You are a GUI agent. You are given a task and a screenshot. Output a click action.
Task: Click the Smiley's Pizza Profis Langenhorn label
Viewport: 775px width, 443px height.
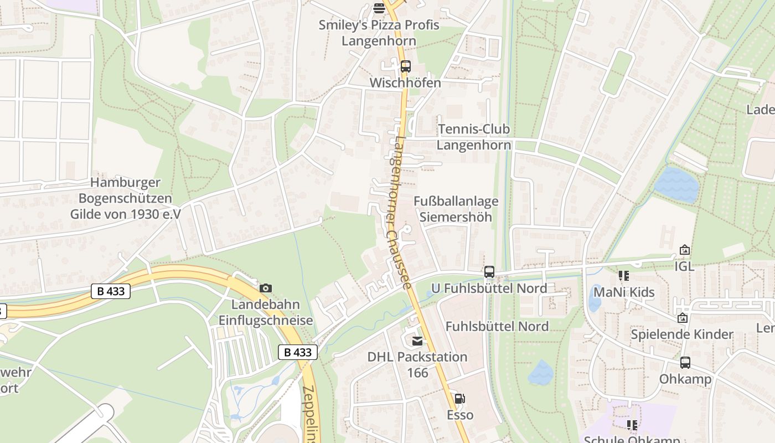tap(379, 33)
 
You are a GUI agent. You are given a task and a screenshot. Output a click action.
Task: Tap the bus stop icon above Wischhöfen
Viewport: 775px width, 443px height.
tap(406, 66)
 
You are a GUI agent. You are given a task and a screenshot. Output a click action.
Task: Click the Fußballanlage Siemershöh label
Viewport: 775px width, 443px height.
tap(456, 209)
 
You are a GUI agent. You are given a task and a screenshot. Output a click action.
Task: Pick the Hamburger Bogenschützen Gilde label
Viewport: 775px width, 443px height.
tap(125, 198)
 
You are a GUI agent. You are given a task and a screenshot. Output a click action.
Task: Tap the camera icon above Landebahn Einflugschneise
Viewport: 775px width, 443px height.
tap(266, 288)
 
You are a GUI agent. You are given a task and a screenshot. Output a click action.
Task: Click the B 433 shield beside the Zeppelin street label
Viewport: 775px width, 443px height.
tap(298, 352)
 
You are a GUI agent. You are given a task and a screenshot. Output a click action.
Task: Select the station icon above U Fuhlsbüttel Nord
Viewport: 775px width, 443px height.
tap(489, 271)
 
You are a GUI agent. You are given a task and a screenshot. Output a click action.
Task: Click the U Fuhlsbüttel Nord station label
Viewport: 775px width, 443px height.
tap(489, 288)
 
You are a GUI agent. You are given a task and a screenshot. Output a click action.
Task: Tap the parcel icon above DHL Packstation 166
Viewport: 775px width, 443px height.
tap(417, 341)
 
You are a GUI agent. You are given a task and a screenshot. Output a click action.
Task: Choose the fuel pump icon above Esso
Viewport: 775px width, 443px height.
tap(459, 399)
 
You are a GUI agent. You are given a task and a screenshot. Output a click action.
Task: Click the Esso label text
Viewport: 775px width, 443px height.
tap(460, 415)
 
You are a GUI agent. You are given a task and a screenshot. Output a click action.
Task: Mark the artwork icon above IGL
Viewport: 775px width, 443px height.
tap(685, 250)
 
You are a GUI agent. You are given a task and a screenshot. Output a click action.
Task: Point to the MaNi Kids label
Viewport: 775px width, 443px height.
tap(624, 292)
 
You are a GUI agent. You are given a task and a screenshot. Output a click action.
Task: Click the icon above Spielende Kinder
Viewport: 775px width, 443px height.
tap(682, 318)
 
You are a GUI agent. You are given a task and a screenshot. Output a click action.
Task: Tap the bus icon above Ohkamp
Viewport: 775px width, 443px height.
tap(685, 363)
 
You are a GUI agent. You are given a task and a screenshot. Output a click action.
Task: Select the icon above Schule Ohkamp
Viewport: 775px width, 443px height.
tap(632, 425)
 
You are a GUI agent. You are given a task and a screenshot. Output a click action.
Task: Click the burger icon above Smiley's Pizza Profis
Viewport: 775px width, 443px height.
tap(379, 8)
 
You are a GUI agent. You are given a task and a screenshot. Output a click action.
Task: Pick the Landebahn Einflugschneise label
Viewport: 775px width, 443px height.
tap(266, 312)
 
